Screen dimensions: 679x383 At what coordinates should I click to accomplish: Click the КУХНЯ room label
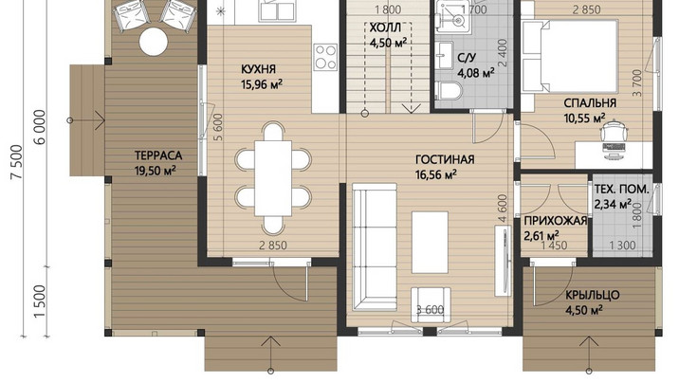coord(258,69)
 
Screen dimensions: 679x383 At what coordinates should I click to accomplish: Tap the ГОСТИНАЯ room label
coord(445,159)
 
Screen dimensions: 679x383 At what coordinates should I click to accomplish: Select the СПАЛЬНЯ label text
coord(590,103)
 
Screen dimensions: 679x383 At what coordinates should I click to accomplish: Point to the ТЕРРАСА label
coord(158,155)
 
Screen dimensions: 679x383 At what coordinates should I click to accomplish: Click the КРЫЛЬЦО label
coord(593,295)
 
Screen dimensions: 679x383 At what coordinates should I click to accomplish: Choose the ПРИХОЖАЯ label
coord(555,221)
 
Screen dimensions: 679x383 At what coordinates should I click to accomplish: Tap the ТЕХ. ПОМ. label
coord(621,189)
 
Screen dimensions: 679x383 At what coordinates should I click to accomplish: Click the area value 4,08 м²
coord(476,73)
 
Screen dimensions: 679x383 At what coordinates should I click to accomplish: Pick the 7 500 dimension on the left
coord(16,162)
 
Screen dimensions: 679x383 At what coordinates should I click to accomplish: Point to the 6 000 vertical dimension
coord(40,127)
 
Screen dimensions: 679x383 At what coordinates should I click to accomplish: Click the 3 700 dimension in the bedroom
coord(637,82)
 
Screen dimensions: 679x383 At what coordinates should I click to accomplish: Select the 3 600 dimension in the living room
coord(430,310)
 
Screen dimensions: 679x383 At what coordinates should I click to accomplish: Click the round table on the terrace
coord(154,42)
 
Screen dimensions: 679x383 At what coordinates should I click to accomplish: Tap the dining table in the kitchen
coord(273,178)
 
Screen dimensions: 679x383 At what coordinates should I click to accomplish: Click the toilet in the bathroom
coord(450,91)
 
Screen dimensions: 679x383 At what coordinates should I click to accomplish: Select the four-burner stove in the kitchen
coord(325,57)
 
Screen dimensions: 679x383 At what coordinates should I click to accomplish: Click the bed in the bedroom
coord(570,56)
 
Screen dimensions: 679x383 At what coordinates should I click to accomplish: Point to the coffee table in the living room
coord(430,243)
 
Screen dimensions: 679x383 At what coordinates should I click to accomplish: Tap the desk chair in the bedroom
coord(614,130)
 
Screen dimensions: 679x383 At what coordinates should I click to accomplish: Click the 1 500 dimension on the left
coord(40,301)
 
